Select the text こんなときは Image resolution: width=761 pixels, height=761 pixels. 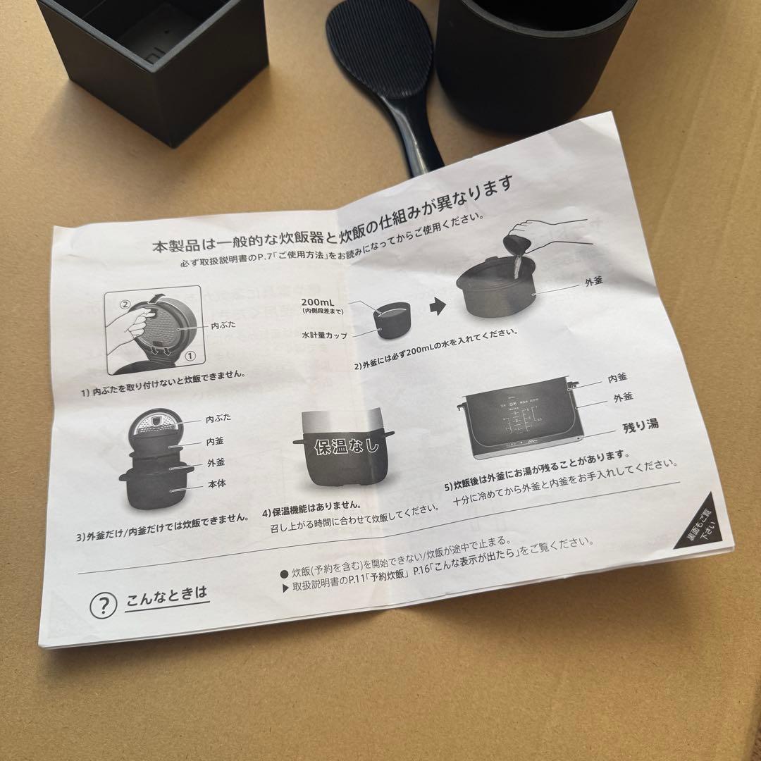point(167,597)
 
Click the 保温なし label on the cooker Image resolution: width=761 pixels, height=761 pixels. point(346,445)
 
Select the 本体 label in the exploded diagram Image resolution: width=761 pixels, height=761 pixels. point(216,484)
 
